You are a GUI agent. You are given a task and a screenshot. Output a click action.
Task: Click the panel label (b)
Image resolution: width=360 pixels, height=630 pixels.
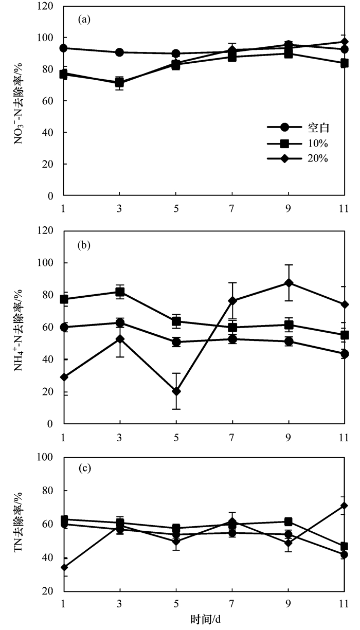(x=84, y=245)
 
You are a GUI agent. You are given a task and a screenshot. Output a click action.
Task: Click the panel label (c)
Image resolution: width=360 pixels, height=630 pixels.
(x=84, y=469)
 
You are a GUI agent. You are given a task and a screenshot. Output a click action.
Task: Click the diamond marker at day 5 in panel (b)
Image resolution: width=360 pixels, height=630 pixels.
(x=176, y=391)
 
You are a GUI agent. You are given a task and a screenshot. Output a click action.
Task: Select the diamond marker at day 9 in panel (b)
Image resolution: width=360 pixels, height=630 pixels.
(x=289, y=283)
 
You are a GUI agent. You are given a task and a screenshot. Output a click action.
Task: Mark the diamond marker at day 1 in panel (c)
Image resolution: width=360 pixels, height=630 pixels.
(x=64, y=567)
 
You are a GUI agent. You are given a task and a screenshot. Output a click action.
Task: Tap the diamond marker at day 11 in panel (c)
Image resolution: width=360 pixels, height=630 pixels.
(x=344, y=506)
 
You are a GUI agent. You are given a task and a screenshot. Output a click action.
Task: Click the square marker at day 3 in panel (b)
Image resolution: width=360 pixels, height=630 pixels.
(x=120, y=292)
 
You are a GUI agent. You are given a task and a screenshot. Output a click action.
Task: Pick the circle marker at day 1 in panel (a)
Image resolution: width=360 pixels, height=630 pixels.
(x=64, y=48)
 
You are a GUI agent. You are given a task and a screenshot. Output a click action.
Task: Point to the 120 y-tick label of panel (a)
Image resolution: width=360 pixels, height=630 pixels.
(x=47, y=6)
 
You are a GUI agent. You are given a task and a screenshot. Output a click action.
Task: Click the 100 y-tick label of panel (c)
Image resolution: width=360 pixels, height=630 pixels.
(x=47, y=457)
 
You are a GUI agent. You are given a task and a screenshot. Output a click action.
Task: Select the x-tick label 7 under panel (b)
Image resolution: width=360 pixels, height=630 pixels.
(x=232, y=437)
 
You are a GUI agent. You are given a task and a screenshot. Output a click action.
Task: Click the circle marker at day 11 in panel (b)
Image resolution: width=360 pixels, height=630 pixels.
(x=344, y=354)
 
